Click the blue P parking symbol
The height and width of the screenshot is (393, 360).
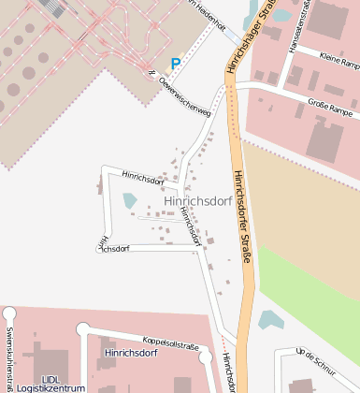pos(175,64)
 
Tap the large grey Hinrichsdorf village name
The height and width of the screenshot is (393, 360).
pos(197,200)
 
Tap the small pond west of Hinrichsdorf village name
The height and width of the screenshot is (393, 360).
pos(129,200)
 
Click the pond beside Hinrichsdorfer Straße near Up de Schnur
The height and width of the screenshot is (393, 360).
pos(270,321)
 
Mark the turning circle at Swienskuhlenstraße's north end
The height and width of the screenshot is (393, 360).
pos(9,313)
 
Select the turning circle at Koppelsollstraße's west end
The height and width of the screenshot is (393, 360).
pos(83,328)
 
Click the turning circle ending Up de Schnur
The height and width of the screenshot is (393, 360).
pos(281,355)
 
